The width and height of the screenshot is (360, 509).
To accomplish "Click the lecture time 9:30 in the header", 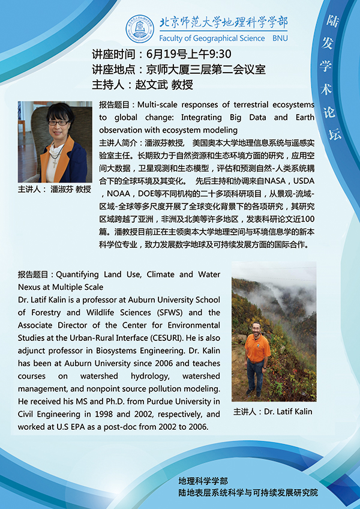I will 218,54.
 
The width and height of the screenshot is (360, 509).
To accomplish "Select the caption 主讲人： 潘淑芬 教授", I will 55,189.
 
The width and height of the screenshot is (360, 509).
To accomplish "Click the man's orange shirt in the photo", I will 258,348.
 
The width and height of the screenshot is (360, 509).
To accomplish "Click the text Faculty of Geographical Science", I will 212,38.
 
